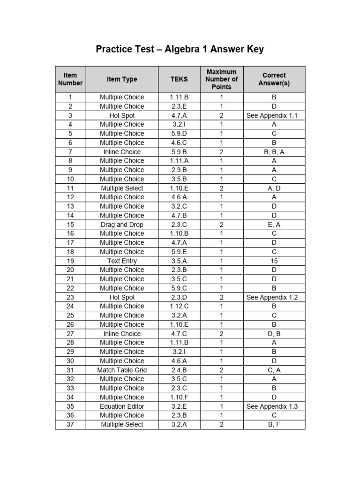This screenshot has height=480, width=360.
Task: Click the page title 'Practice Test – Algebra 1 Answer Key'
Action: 180,49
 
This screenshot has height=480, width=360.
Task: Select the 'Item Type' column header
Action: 122,79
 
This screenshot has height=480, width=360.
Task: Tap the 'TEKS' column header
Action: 179,79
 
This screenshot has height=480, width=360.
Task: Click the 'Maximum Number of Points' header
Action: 222,79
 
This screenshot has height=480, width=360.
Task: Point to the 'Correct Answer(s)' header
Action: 274,79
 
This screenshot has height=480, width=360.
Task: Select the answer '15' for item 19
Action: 274,261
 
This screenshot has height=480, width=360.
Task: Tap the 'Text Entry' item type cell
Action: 122,261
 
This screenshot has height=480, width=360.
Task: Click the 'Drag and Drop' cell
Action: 122,225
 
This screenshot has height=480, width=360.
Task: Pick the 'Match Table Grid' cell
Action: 122,370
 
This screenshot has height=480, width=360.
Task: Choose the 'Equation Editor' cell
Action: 122,406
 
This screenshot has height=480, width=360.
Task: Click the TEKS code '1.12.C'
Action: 179,306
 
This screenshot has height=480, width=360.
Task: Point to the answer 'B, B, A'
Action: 274,152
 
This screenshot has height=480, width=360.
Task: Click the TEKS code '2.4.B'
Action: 179,370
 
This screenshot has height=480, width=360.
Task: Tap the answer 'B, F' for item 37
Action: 274,425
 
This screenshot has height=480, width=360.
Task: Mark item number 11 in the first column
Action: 70,188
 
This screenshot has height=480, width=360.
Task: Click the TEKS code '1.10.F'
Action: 179,397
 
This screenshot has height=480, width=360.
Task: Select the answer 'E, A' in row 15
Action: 274,225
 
